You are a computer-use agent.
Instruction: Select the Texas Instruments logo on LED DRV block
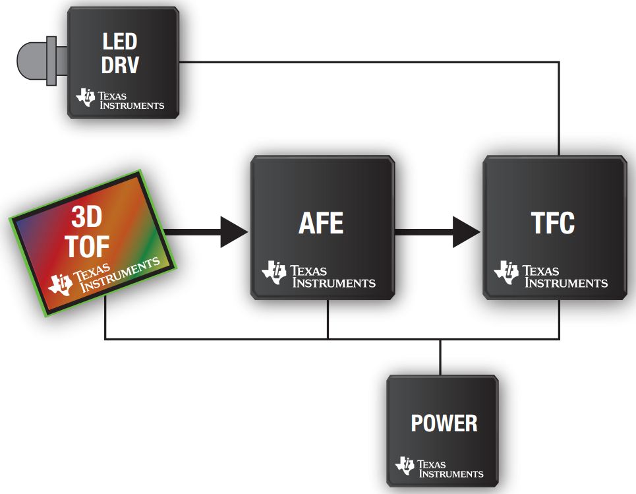(121, 99)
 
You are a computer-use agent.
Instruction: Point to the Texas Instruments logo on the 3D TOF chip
(105, 275)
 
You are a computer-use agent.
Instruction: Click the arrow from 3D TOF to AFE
(204, 230)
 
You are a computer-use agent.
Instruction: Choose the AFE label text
(321, 224)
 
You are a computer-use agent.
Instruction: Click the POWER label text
(444, 423)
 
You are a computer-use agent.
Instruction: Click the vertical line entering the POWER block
(440, 357)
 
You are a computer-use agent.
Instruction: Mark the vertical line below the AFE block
(328, 321)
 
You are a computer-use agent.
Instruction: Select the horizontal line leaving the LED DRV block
(369, 63)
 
